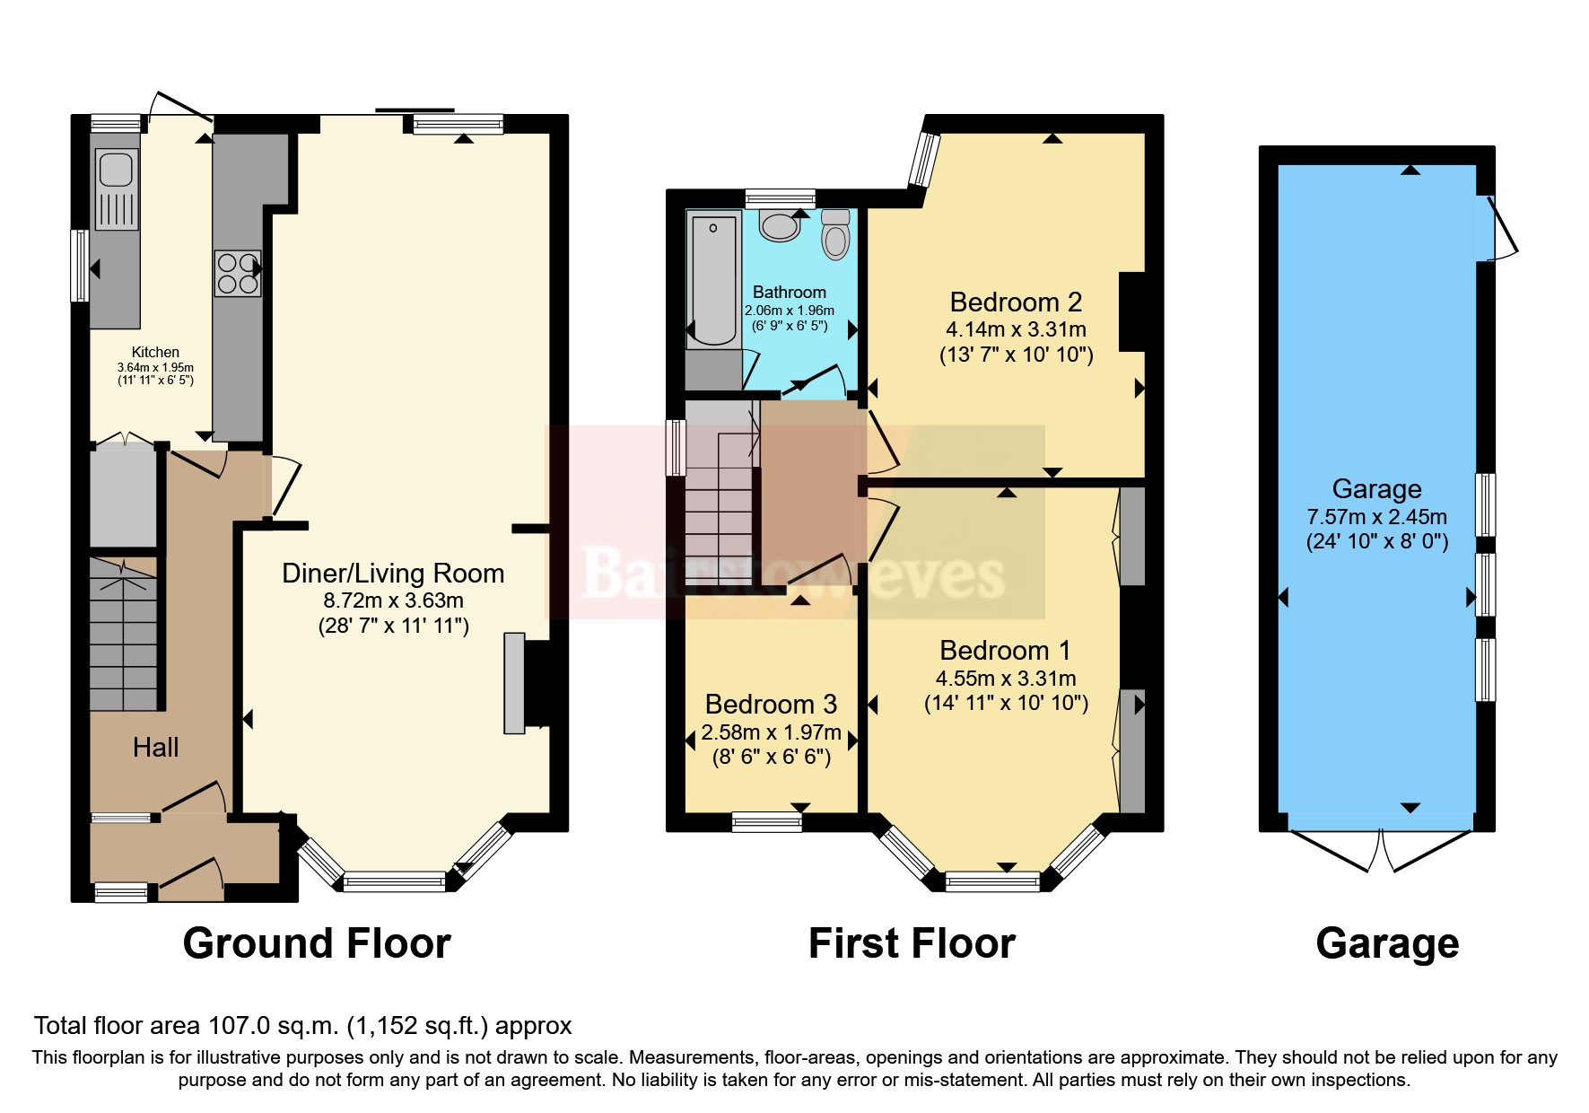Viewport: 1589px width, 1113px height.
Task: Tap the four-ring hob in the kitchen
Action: point(238,273)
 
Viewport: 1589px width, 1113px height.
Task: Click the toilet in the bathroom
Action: point(835,235)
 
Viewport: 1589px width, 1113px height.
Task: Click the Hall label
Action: point(155,747)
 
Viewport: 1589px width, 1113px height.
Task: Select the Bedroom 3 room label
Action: point(771,704)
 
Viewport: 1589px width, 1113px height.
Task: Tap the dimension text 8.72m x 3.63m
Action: point(393,600)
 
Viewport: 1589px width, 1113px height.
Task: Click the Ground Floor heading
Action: point(316,943)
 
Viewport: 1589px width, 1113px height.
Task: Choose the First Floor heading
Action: point(912,943)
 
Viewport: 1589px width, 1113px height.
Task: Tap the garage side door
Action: point(1500,228)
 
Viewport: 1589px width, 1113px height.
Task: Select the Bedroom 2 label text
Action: point(1016,302)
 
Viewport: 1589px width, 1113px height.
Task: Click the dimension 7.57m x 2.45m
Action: point(1376,516)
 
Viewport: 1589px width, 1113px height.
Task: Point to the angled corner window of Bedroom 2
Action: point(922,160)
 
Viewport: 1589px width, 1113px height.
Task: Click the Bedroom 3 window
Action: point(766,820)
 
